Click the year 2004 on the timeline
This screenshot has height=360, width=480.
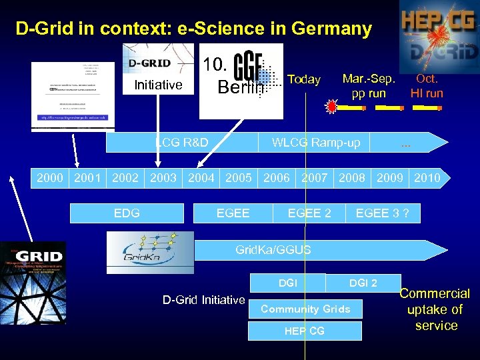pos(201,177)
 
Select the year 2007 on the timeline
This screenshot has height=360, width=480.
pos(315,177)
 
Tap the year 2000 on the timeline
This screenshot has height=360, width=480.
pos(50,177)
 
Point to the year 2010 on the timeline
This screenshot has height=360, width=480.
pos(427,177)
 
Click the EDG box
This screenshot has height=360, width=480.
pos(127,213)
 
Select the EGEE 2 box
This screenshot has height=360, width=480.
pos(309,213)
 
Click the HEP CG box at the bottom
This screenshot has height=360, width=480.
pos(305,331)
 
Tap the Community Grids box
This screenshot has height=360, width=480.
pos(305,309)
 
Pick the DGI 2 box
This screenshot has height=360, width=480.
pos(363,283)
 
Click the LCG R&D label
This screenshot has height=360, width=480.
pos(181,142)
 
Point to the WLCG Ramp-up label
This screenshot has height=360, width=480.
pos(316,142)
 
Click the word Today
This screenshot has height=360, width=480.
pos(304,79)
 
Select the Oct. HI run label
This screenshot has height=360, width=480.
pos(427,86)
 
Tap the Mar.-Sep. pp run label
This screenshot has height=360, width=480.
pos(369,86)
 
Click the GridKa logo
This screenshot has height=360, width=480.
pos(150,252)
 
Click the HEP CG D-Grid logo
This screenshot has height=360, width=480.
pos(439,37)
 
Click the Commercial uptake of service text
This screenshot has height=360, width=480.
pos(436,309)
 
